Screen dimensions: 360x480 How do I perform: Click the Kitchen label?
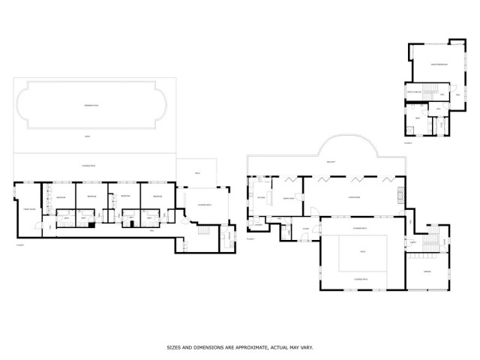[262, 197]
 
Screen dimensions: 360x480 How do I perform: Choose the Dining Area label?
[288, 197]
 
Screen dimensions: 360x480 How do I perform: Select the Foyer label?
[306, 229]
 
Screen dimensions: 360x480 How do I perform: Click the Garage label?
[427, 271]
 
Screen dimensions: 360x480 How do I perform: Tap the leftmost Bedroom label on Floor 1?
[61, 197]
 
